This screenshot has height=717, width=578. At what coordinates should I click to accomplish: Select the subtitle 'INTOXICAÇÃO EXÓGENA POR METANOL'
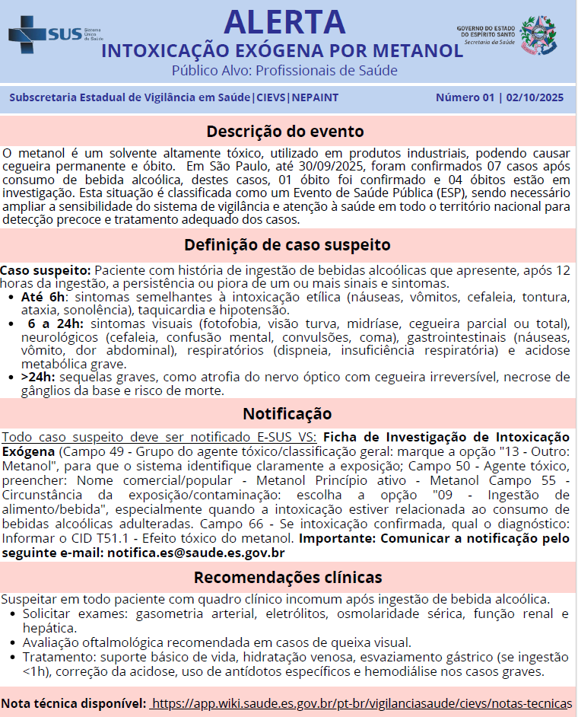click(282, 51)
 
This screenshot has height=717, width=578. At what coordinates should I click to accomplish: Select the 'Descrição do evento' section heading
click(285, 131)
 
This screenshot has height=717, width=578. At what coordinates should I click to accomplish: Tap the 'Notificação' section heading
click(287, 413)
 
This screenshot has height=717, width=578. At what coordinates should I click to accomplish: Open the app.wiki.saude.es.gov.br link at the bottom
click(361, 702)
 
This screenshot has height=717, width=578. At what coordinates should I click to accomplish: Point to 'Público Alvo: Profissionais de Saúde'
click(284, 72)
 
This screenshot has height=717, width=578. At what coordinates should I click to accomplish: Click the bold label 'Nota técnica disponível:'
click(74, 702)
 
